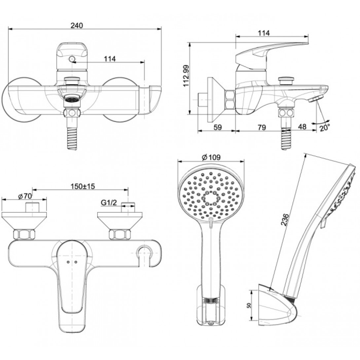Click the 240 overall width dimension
pyautogui.click(x=76, y=25)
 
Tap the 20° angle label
pyautogui.click(x=325, y=128)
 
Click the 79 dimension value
pyautogui.click(x=262, y=127)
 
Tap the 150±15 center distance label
pyautogui.click(x=83, y=186)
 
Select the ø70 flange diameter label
pyautogui.click(x=25, y=196)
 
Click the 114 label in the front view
pyautogui.click(x=109, y=59)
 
